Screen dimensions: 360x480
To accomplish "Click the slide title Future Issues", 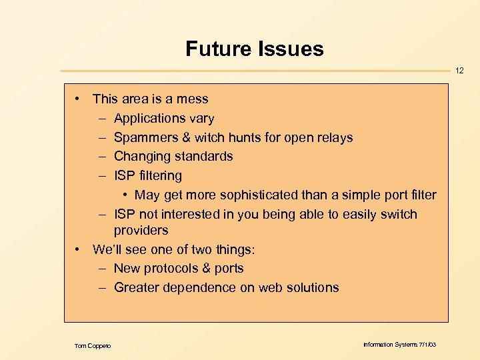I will (x=254, y=49).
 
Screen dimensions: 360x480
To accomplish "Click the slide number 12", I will (x=460, y=70).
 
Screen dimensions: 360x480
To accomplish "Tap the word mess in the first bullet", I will (x=193, y=99).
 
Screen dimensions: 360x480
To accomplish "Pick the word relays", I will (x=335, y=138).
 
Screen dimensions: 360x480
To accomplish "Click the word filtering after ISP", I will (x=160, y=176).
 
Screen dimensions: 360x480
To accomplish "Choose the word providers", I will (x=141, y=231).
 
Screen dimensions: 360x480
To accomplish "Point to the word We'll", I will (x=108, y=249).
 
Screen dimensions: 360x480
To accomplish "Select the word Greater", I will (x=137, y=288).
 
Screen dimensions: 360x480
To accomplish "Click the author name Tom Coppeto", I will (x=93, y=345).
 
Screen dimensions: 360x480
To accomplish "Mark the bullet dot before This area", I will (x=78, y=99).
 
